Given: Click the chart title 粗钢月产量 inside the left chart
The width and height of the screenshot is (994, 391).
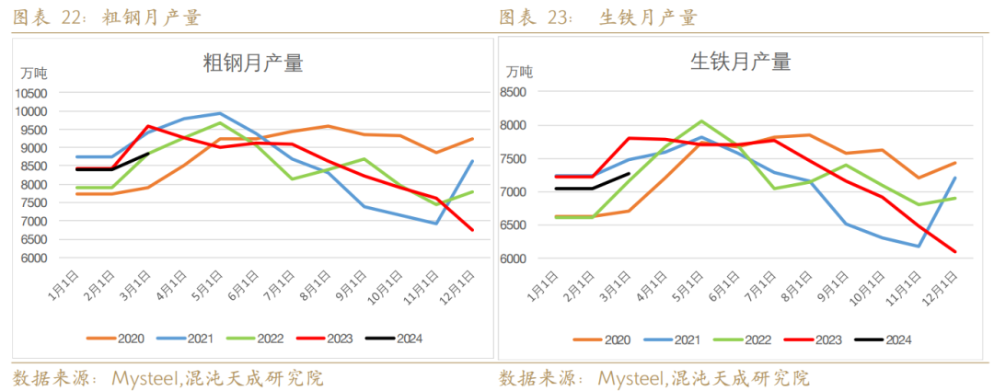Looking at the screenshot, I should [252, 63].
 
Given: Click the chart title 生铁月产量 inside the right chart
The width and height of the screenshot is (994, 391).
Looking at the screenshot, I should [740, 62].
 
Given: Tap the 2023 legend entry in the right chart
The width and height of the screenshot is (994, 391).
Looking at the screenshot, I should [826, 339].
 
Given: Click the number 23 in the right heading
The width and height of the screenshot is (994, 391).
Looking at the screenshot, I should [559, 17].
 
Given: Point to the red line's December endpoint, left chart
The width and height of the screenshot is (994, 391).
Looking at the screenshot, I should [474, 230].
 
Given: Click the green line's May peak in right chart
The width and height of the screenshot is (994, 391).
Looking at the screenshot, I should [700, 121].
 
